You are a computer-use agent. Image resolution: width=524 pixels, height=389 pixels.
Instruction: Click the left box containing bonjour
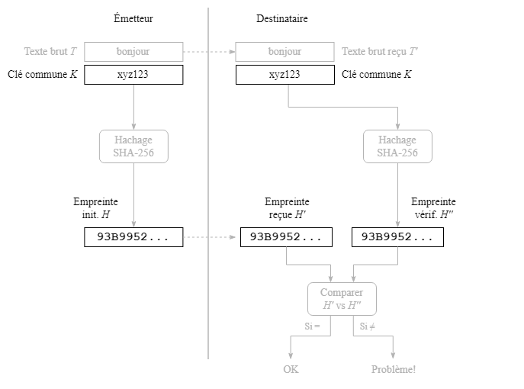point(133,52)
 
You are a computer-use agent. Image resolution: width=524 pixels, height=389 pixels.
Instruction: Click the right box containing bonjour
point(285,52)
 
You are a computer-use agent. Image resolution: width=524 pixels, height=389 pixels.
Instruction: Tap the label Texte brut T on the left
point(50,52)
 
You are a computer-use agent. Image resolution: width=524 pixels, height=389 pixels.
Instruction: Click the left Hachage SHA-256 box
point(133,146)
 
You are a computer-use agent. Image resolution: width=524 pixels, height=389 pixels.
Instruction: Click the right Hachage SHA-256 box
point(397,146)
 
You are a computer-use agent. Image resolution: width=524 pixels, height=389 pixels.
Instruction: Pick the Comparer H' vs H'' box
point(342,299)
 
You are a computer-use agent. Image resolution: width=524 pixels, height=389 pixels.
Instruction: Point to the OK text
point(291,370)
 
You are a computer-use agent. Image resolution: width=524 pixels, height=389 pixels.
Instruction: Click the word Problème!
point(394,370)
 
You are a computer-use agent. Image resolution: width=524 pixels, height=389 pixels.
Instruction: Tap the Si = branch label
point(312,326)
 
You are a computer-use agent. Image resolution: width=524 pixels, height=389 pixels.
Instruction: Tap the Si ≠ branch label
point(368,326)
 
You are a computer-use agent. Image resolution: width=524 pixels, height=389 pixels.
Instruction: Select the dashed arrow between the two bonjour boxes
point(209,52)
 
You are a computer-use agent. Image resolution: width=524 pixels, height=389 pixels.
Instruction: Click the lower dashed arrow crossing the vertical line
point(209,237)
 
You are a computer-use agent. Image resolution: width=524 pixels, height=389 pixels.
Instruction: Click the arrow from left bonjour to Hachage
point(133,107)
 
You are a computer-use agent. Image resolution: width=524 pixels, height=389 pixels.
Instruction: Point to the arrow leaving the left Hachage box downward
point(133,194)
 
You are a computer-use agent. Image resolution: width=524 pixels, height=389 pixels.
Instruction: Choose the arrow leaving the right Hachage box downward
point(397,194)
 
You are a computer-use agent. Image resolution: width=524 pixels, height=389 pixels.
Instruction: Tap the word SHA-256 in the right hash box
point(397,153)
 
